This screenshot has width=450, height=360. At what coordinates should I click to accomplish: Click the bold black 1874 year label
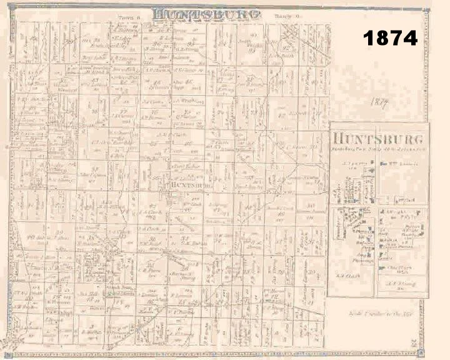coord(390,38)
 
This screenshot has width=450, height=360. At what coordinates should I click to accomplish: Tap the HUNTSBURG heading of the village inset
coord(378,139)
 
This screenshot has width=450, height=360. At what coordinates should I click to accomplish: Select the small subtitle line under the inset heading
coord(378,149)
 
